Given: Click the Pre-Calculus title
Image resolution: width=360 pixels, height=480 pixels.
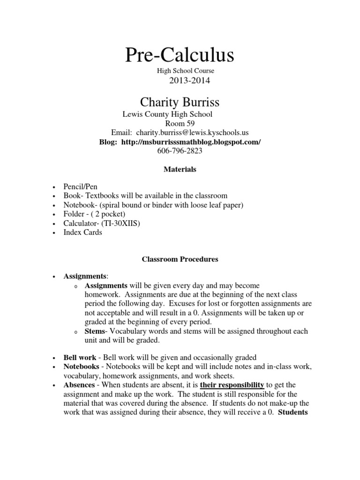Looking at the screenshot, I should [x=180, y=55].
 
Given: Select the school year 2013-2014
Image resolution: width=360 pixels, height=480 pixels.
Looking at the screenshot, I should [x=186, y=81].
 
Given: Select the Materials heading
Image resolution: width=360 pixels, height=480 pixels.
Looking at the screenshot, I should [x=180, y=169].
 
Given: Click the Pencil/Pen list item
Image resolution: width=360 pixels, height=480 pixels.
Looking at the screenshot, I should [x=80, y=186].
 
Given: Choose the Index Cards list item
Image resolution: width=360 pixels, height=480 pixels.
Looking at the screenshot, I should [x=82, y=232].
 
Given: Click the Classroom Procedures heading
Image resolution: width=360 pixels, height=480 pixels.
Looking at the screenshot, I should [x=180, y=259].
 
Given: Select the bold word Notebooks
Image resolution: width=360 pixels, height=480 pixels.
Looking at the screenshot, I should [x=81, y=366].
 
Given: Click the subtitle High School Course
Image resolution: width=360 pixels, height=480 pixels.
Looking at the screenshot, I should [x=185, y=70].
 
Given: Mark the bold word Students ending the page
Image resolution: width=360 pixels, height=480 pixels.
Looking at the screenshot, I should [x=292, y=412].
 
